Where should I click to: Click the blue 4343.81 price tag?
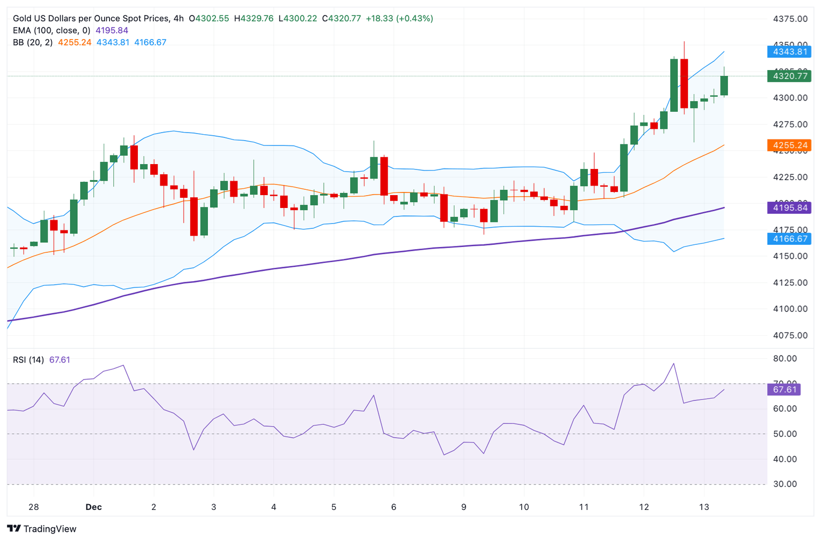pyautogui.click(x=788, y=52)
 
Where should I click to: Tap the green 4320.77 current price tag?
pyautogui.click(x=788, y=76)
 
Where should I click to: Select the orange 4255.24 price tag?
pyautogui.click(x=788, y=145)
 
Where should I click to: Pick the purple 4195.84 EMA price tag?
pyautogui.click(x=788, y=207)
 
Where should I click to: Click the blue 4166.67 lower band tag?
pyautogui.click(x=788, y=238)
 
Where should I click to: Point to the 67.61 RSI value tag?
pyautogui.click(x=785, y=390)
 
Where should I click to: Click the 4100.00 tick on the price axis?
pyautogui.click(x=790, y=309)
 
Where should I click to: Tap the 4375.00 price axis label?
pyautogui.click(x=790, y=19)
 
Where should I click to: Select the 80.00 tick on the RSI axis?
pyautogui.click(x=785, y=359)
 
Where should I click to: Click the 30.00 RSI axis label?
pyautogui.click(x=785, y=484)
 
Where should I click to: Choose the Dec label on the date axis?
pyautogui.click(x=94, y=507)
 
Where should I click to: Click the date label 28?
pyautogui.click(x=34, y=507)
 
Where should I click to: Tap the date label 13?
pyautogui.click(x=704, y=507)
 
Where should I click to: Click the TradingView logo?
pyautogui.click(x=42, y=529)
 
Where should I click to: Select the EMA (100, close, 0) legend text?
pyautogui.click(x=52, y=30)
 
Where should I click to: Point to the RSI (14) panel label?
pyautogui.click(x=28, y=360)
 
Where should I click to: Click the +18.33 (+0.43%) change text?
pyautogui.click(x=399, y=18)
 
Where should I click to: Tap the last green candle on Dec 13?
pyautogui.click(x=724, y=86)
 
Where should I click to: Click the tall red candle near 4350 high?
pyautogui.click(x=684, y=83)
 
